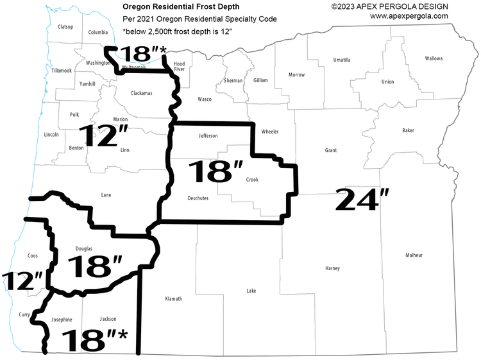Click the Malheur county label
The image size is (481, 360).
pyautogui.click(x=414, y=255)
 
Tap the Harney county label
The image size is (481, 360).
pyautogui.click(x=332, y=268)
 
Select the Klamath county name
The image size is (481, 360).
pyautogui.click(x=174, y=299)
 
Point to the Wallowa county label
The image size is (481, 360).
pyautogui.click(x=434, y=58)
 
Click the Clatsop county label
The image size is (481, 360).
pyautogui.click(x=65, y=27)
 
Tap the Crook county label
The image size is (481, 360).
pyautogui.click(x=252, y=180)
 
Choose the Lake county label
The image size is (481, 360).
pyautogui.click(x=251, y=291)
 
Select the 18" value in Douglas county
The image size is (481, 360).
pyautogui.click(x=94, y=267)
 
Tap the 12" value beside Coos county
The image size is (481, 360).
pyautogui.click(x=23, y=280)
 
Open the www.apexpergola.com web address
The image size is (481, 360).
pyautogui.click(x=409, y=16)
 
